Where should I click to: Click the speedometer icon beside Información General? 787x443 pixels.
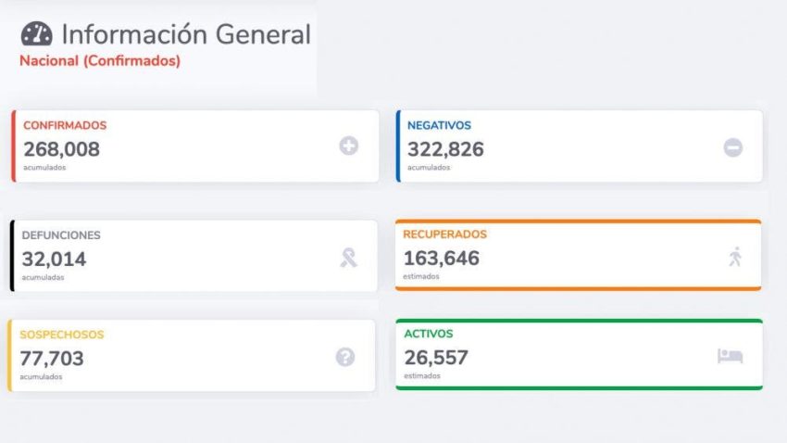pos(36,34)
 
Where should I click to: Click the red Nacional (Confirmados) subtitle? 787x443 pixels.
pos(100,61)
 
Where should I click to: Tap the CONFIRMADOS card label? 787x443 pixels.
pos(65,125)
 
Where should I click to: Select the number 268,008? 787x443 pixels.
pos(61,148)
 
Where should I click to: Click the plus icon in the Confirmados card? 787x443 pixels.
pos(348,146)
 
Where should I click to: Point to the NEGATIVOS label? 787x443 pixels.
pos(439,125)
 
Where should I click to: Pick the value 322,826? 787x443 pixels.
pos(445,148)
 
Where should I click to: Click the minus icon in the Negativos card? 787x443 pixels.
pos(732,146)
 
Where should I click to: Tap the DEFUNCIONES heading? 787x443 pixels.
pos(61,235)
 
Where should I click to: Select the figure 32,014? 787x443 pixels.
pos(54,259)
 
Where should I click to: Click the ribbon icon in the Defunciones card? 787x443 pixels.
pos(348,257)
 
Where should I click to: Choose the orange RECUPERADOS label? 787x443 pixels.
pos(444,234)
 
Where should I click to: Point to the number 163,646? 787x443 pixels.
pos(442,258)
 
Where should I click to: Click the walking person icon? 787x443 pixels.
pos(735,257)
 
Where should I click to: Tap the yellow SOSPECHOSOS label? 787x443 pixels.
pos(62,335)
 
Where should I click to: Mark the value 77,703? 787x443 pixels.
pos(53,358)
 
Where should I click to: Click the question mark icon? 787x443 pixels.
pos(345,357)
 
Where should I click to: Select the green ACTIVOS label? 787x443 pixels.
pos(429,334)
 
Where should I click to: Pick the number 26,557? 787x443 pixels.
pos(436,357)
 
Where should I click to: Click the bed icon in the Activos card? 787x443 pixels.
pos(730,356)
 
